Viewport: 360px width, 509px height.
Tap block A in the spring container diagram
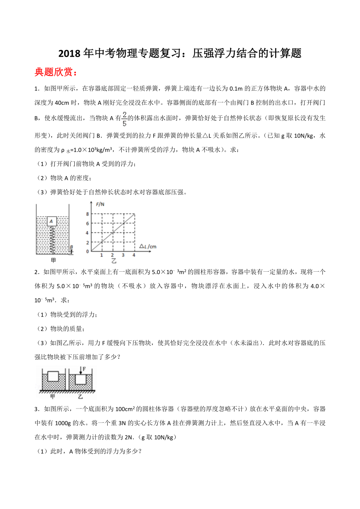pos(52,221)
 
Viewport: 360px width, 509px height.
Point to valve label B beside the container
pos(71,247)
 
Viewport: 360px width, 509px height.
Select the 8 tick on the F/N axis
pos(88,214)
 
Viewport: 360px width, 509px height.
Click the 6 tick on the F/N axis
pos(88,223)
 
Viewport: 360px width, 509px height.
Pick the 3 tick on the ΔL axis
pos(123,255)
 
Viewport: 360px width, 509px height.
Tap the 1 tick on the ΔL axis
pos(101,255)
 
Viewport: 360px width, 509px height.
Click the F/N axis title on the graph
pos(100,204)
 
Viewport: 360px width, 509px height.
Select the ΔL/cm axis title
pos(148,246)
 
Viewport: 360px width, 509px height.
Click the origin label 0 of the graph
pos(88,251)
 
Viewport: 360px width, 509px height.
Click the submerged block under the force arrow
pos(81,379)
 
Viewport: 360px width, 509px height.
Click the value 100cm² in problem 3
pos(126,409)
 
